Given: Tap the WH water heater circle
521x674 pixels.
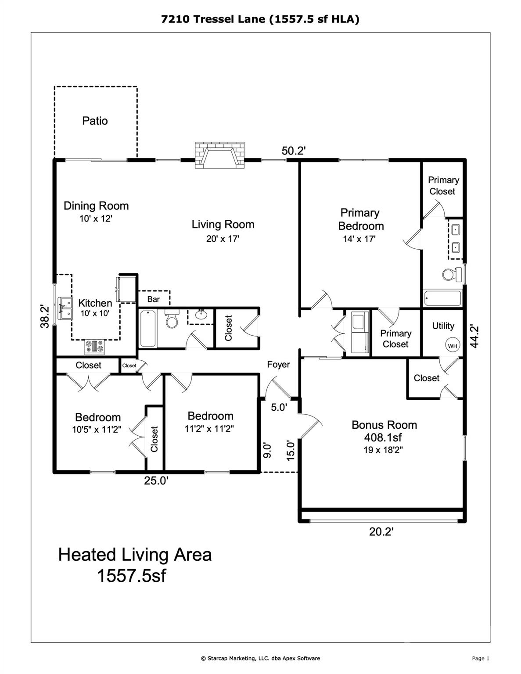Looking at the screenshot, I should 453,345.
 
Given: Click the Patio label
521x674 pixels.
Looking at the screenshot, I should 95,121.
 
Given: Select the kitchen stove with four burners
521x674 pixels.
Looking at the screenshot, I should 95,347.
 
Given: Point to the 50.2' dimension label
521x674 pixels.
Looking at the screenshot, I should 293,151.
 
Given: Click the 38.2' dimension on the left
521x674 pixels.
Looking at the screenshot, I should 43,316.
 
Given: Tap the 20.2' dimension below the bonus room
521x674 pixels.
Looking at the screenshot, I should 381,532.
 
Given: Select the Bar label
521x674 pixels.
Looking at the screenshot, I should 153,299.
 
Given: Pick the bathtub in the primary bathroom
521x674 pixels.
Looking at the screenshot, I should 442,299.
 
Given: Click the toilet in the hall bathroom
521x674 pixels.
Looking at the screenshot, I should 172,320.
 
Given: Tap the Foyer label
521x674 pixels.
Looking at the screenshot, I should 278,365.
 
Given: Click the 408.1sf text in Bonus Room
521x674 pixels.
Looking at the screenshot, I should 383,437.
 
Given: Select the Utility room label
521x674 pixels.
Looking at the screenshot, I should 443,326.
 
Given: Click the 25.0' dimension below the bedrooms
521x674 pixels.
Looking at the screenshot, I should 156,481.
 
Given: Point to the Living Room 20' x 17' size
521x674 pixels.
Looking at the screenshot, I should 223,239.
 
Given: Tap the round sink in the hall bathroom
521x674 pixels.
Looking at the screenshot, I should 202,314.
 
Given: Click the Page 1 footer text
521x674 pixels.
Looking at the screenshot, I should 480,658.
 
